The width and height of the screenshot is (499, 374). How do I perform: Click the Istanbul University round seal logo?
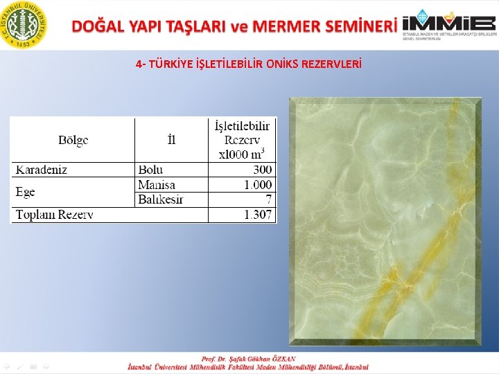[26, 24]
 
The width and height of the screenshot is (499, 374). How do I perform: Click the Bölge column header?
[73, 141]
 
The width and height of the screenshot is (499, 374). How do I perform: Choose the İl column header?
[172, 141]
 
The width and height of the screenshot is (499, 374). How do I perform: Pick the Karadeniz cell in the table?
[42, 170]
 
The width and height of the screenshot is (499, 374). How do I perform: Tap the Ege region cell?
[26, 192]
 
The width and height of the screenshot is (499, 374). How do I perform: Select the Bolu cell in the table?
[151, 170]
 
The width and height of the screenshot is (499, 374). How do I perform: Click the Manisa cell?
[157, 185]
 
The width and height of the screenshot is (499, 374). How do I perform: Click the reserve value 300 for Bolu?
[263, 170]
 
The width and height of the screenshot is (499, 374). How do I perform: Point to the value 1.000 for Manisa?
[258, 185]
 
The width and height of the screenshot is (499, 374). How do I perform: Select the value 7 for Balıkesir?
[269, 199]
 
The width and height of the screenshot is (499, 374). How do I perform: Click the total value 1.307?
[258, 215]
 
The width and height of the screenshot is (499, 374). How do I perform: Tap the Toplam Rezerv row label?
[55, 215]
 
